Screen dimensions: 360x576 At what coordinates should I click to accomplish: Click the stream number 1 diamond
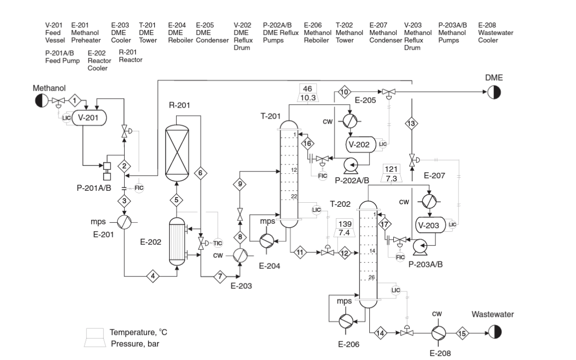pos(75,101)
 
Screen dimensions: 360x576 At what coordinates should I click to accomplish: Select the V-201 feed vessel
pos(90,118)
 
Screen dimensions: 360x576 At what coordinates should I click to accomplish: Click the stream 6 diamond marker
pos(200,173)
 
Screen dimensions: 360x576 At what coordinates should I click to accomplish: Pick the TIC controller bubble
pos(218,243)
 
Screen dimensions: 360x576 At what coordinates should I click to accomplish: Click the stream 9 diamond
pos(240,184)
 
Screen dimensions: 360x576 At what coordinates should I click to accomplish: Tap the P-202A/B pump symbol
pos(348,163)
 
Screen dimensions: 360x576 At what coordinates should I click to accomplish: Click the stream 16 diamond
pos(308,144)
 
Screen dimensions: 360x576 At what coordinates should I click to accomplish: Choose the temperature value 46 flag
pos(307,89)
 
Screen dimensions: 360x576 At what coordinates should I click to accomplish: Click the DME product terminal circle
pos(494,92)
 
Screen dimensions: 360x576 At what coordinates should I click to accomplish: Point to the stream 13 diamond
pos(411,124)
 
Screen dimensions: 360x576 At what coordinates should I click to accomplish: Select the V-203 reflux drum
pos(430,225)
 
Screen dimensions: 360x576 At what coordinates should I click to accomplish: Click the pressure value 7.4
pos(344,233)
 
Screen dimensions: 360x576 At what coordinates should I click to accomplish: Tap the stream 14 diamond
pos(380,332)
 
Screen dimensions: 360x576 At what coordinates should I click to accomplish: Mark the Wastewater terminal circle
pos(494,332)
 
